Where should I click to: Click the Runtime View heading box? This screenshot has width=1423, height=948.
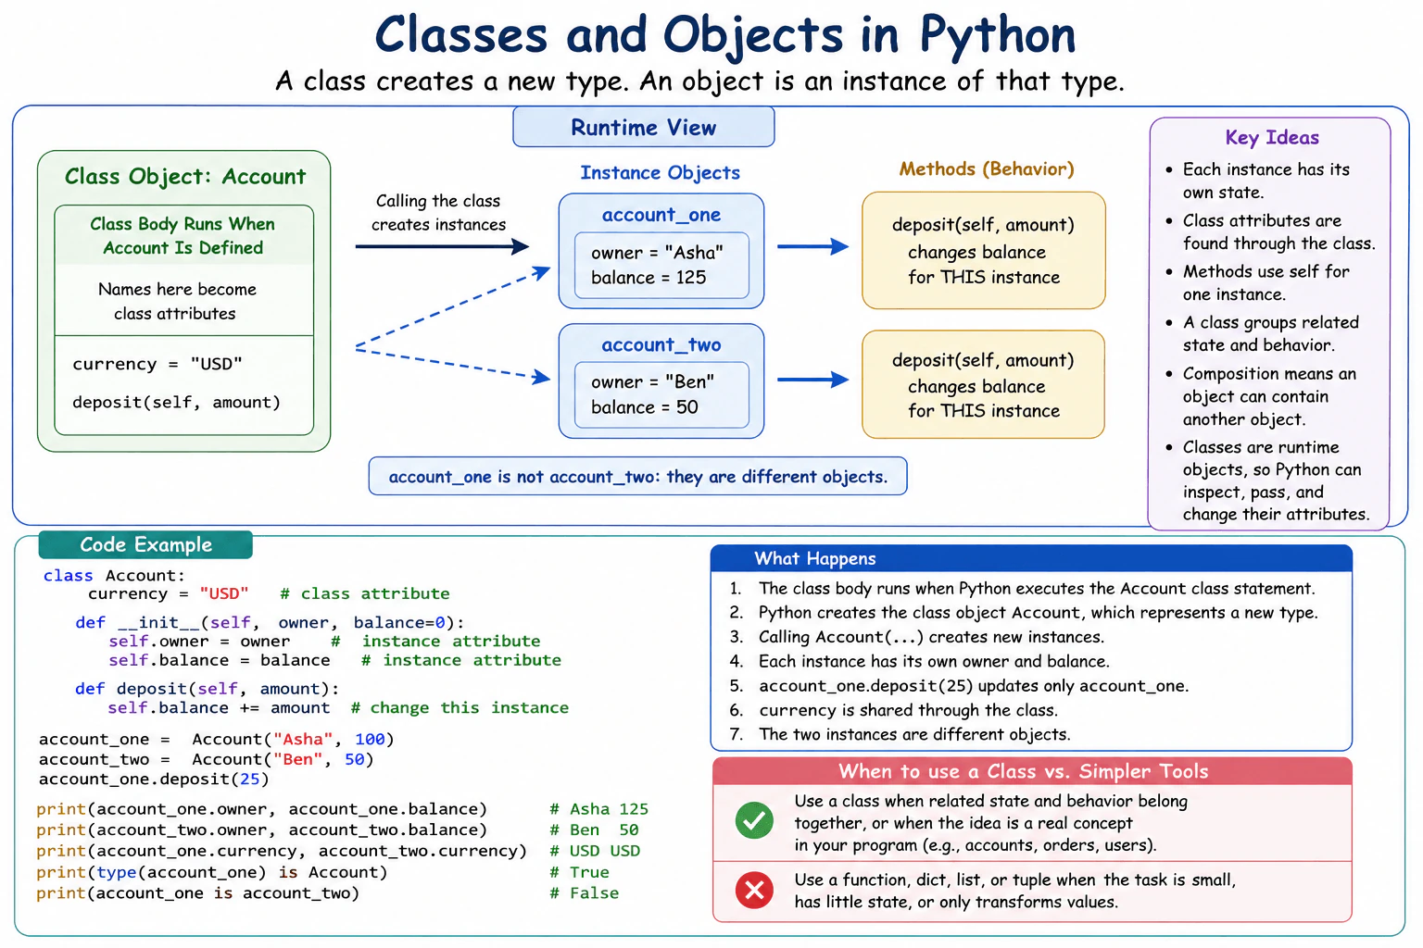(643, 127)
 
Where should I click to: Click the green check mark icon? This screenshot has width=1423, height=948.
(754, 820)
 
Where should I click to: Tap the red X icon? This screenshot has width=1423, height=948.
(754, 890)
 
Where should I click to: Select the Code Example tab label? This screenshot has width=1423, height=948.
(145, 544)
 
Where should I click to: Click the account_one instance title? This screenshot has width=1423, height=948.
(661, 215)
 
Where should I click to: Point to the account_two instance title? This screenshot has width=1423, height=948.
(661, 344)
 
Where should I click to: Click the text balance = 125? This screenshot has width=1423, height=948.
(648, 278)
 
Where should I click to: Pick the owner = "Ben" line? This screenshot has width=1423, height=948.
(652, 381)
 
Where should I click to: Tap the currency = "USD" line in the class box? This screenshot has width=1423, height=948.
(157, 364)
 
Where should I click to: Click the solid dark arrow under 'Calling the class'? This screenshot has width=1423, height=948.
(442, 246)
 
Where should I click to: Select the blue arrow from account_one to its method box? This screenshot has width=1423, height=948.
(813, 246)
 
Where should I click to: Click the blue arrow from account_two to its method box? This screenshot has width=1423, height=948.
(813, 380)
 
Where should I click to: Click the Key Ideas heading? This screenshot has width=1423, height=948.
(1272, 138)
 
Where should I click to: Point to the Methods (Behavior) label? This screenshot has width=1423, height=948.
(987, 168)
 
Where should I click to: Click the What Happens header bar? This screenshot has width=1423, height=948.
(1031, 558)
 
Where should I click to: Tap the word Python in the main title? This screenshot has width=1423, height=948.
(998, 35)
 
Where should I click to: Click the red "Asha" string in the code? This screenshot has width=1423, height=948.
(303, 739)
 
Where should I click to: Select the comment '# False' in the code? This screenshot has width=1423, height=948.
(584, 893)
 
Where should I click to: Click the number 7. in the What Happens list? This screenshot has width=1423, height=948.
(737, 734)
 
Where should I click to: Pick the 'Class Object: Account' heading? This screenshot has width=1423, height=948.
(185, 177)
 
